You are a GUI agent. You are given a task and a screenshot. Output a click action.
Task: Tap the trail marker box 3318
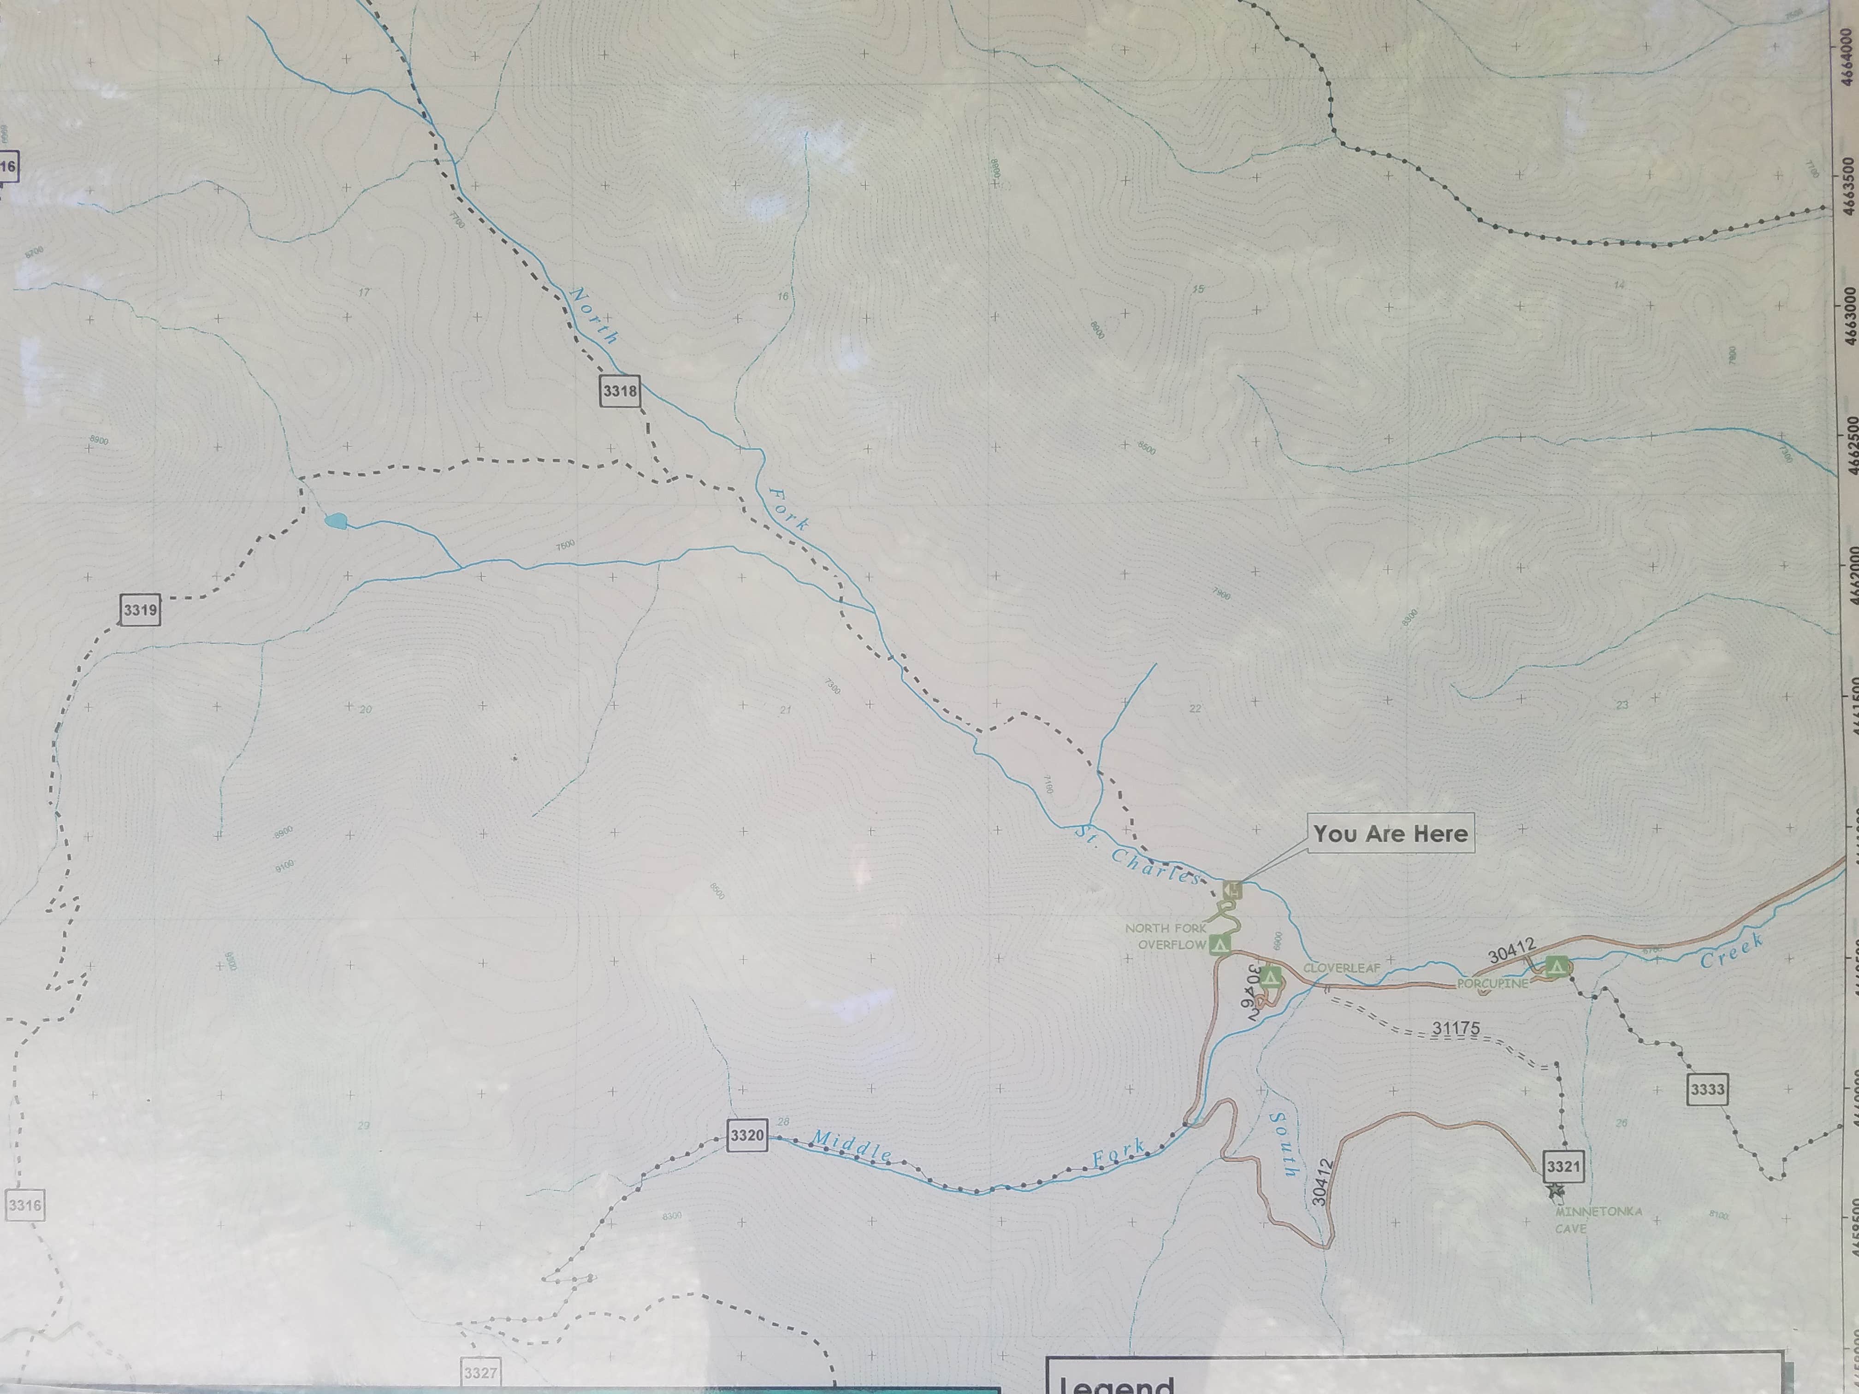tap(619, 391)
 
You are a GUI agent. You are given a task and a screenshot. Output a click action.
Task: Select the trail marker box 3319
tap(140, 610)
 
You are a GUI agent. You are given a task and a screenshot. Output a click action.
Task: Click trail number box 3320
tap(746, 1136)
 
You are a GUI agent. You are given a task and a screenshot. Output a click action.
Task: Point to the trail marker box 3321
tap(1563, 1166)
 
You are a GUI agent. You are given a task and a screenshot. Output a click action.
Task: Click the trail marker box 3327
tap(480, 1373)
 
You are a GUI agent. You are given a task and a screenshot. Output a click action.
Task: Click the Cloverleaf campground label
tap(1341, 968)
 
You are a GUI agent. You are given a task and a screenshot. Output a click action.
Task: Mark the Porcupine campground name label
tap(1492, 984)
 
